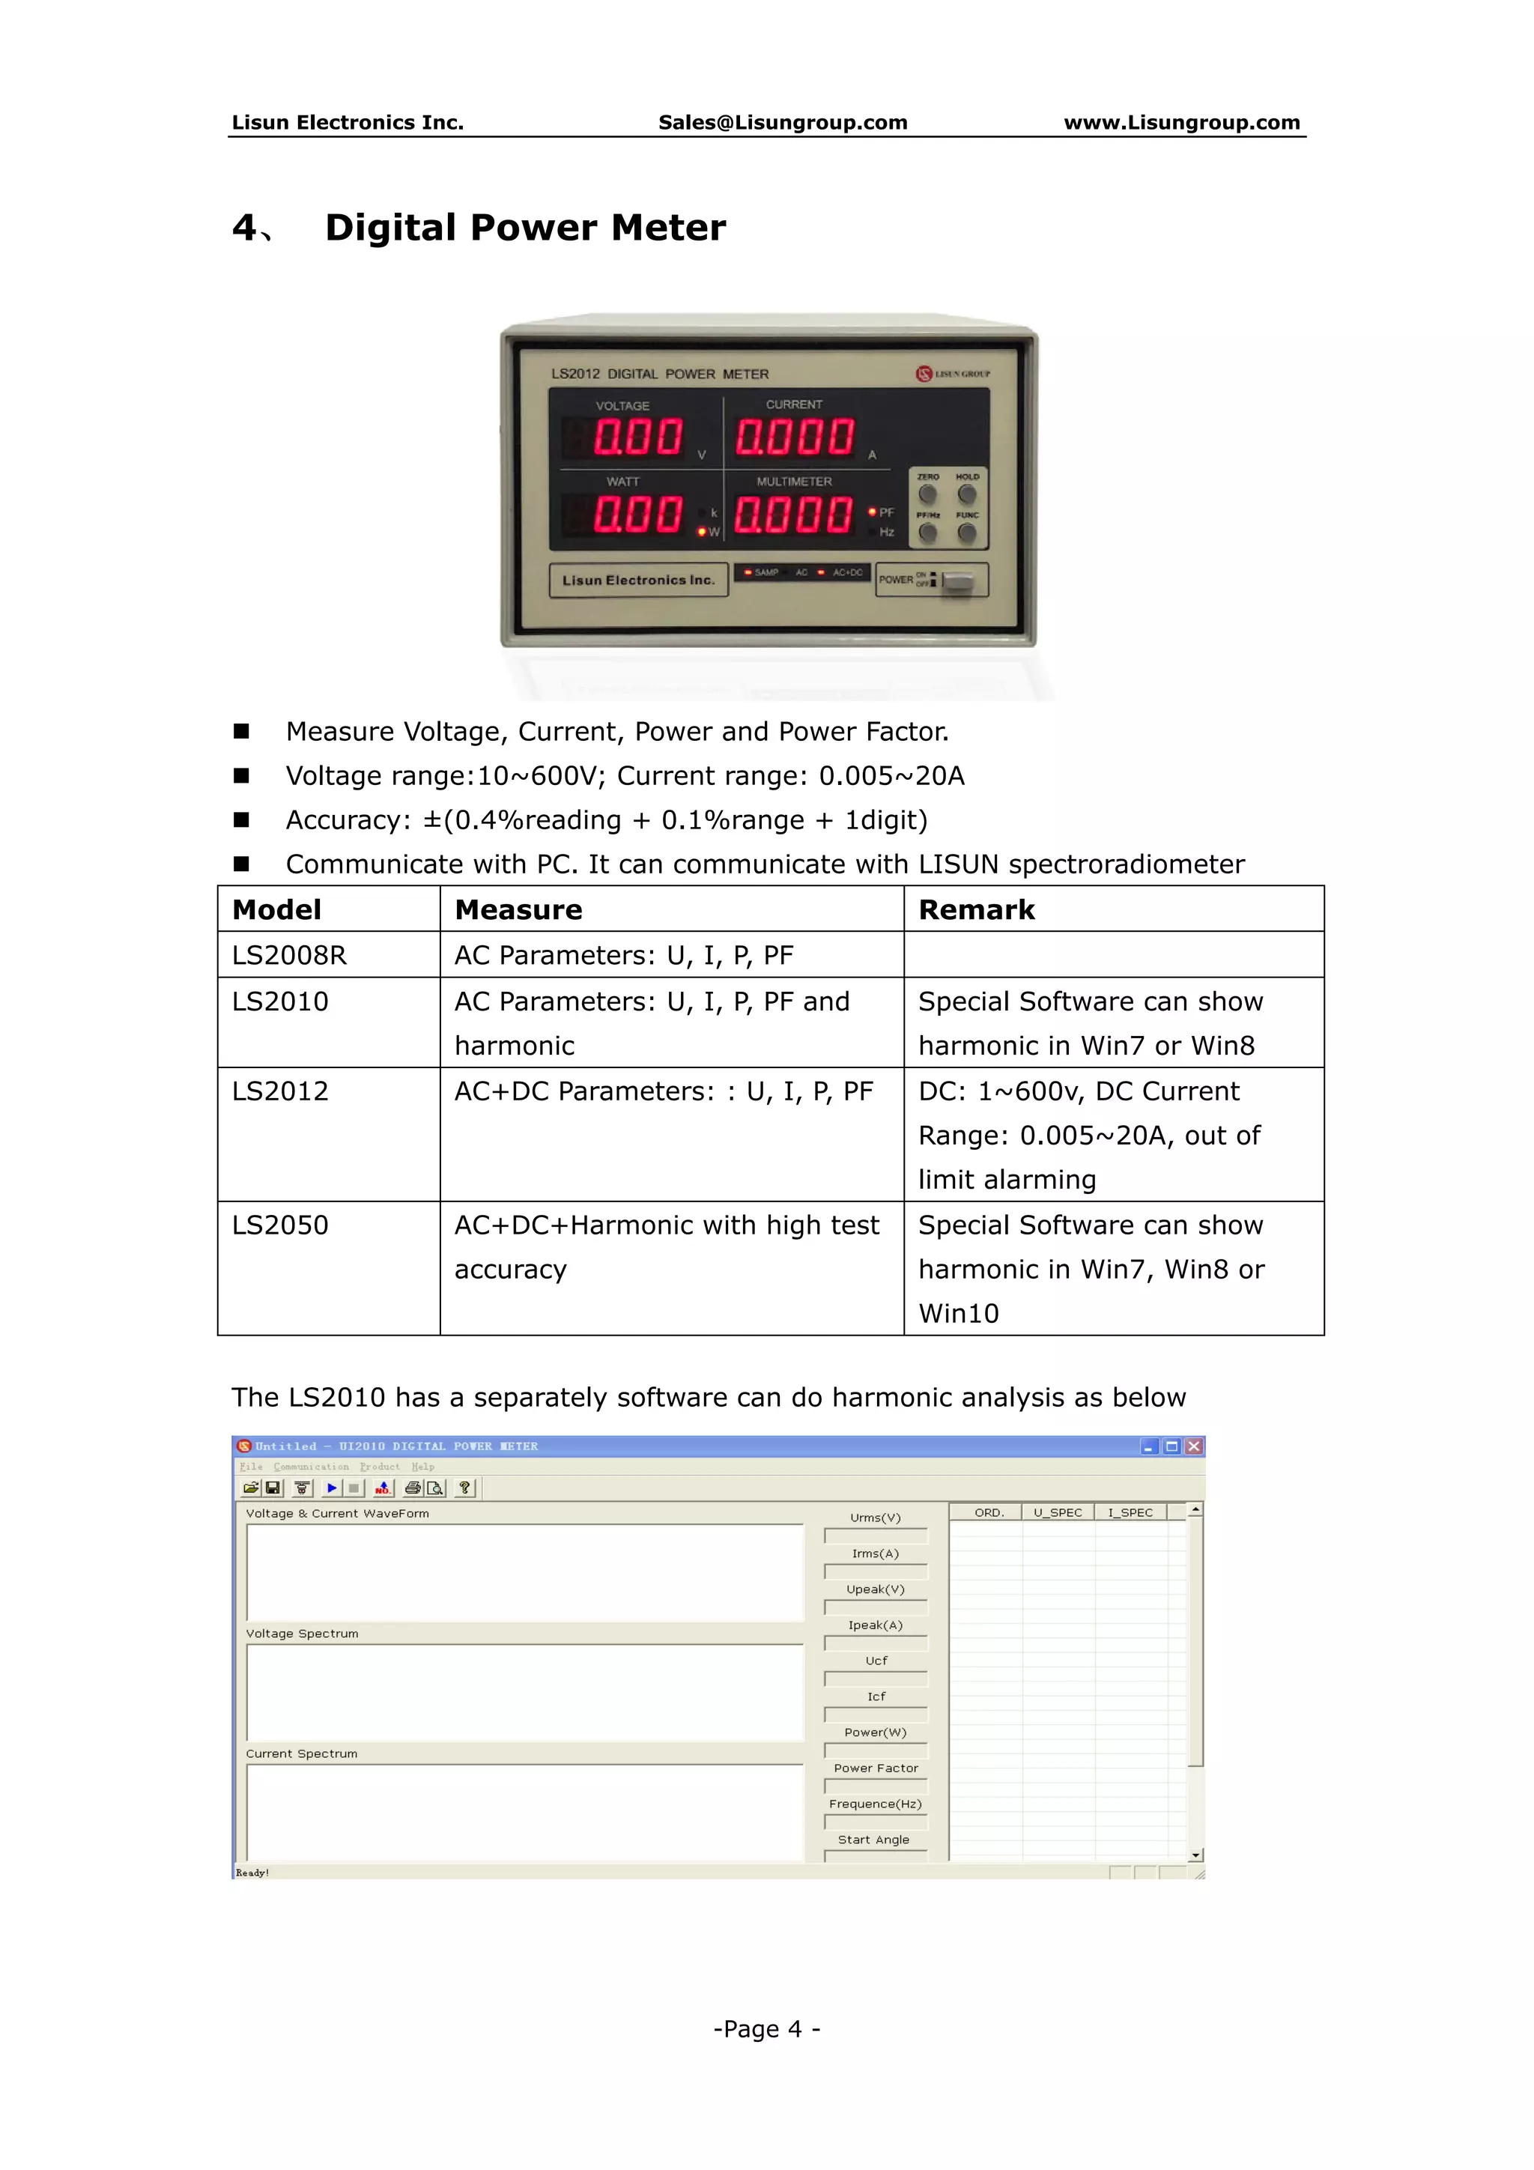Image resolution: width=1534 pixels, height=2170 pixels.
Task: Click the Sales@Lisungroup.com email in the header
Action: tap(782, 122)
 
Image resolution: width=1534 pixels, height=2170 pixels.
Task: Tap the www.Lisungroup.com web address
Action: tap(1181, 122)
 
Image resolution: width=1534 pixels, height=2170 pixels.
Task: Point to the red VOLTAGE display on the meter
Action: tap(637, 437)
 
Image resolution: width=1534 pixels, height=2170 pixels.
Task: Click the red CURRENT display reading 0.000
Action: tap(795, 437)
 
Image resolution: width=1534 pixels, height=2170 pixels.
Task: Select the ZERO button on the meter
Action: tap(927, 494)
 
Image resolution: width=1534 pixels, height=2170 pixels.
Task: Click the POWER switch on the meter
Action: tap(957, 581)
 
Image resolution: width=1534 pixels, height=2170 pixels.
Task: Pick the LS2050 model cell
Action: tap(281, 1225)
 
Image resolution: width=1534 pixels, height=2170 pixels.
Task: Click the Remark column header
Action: tap(977, 909)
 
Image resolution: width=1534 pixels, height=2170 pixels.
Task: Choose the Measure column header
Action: tap(518, 909)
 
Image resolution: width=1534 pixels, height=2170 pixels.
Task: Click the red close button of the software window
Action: tap(1194, 1446)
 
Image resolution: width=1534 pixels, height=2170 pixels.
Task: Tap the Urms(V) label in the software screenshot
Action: tap(875, 1518)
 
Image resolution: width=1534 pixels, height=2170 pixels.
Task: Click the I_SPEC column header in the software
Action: tap(1130, 1513)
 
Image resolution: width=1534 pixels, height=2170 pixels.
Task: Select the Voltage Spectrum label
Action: tap(303, 1633)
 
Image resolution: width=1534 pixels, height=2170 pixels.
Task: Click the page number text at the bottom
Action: tap(766, 2029)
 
